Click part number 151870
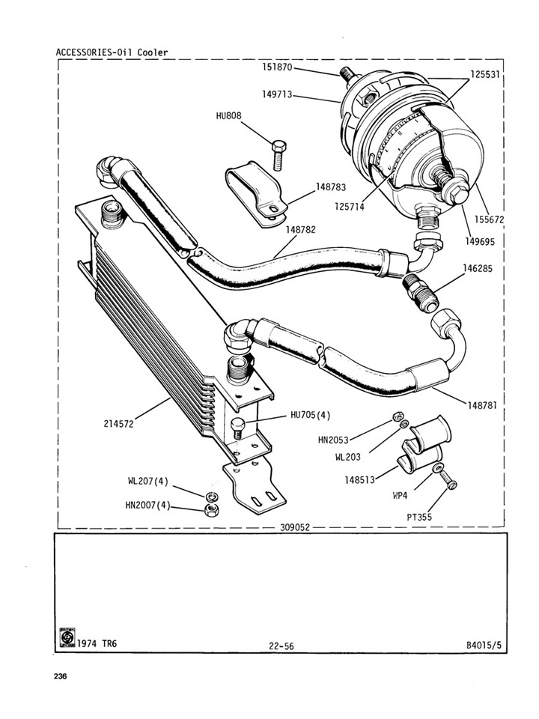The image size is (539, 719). coord(277,67)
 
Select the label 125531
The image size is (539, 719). coord(485,74)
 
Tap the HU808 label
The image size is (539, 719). coord(229,115)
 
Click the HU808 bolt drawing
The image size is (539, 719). coord(278,156)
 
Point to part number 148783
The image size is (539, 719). coord(331,187)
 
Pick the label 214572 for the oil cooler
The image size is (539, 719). coord(119,424)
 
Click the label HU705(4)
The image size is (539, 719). coord(310,416)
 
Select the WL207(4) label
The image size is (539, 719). coord(148,482)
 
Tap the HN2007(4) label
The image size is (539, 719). coord(147,506)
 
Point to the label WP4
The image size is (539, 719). coord(400,496)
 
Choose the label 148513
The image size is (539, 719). coord(360,480)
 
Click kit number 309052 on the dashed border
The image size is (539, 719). coord(295,528)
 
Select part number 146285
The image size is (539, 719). coord(478,268)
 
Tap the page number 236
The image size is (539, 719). coord(61,676)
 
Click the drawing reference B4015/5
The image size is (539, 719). coord(484,645)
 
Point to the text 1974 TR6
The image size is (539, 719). coord(97,644)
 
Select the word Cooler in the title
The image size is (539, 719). coord(153,52)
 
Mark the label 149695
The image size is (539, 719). coord(480,242)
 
